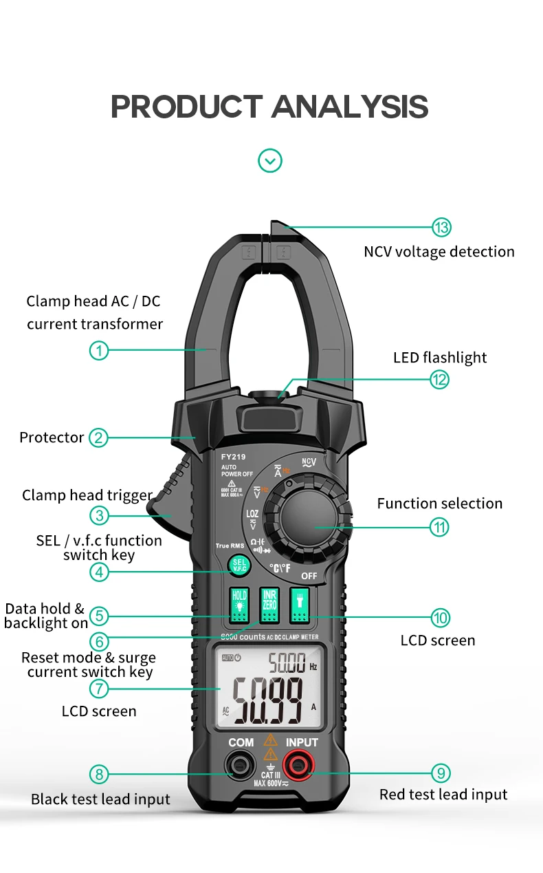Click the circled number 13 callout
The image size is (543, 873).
coord(441,228)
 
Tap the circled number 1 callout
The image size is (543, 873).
coord(99,350)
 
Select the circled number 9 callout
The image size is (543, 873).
coord(441,772)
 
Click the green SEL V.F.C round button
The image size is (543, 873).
coord(239,565)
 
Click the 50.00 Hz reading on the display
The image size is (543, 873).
coord(287,664)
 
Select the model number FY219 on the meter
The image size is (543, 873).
coord(233,456)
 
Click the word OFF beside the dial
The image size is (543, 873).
coord(309,576)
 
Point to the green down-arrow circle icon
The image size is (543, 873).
coord(270,161)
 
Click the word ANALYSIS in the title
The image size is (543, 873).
coord(350,107)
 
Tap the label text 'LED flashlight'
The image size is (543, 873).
coord(440,358)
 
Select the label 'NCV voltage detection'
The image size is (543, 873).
coord(439,252)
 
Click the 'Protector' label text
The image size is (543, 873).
coord(52,438)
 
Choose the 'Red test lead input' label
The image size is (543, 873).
coord(443,795)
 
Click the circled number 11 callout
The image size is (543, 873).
coord(440,528)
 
